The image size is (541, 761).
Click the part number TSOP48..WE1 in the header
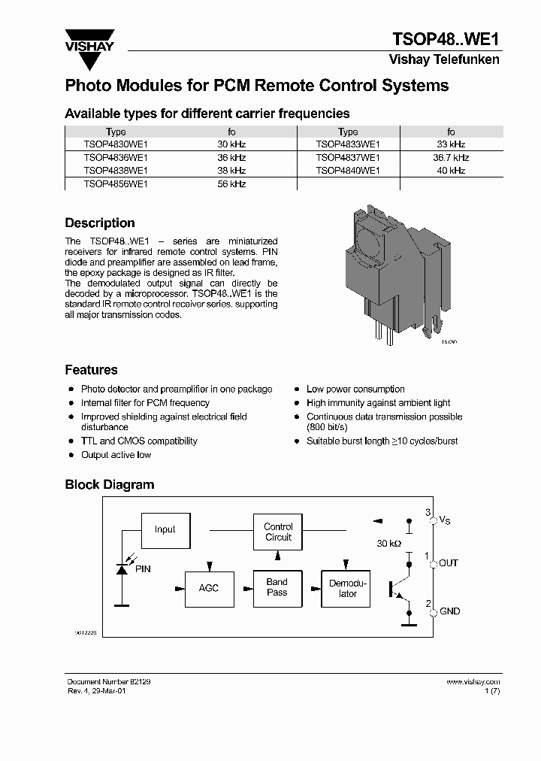coord(446,39)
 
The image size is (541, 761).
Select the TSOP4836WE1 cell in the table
coord(116,157)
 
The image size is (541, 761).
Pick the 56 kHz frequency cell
coord(231,183)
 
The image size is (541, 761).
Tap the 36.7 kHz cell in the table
coord(451,157)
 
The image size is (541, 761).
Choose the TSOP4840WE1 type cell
coord(348,171)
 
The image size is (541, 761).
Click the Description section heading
coord(100,223)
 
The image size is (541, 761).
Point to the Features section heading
coord(91,369)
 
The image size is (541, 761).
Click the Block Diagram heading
coord(109,484)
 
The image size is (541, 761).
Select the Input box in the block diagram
coord(165,529)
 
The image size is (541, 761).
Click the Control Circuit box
coord(278,532)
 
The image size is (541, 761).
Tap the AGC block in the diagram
coord(209,587)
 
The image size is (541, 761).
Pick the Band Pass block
coord(277,587)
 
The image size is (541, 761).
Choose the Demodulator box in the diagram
coord(348,588)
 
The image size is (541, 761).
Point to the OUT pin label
coord(449,562)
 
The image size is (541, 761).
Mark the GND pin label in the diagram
coord(449,611)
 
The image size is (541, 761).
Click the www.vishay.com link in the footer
coord(473,681)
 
